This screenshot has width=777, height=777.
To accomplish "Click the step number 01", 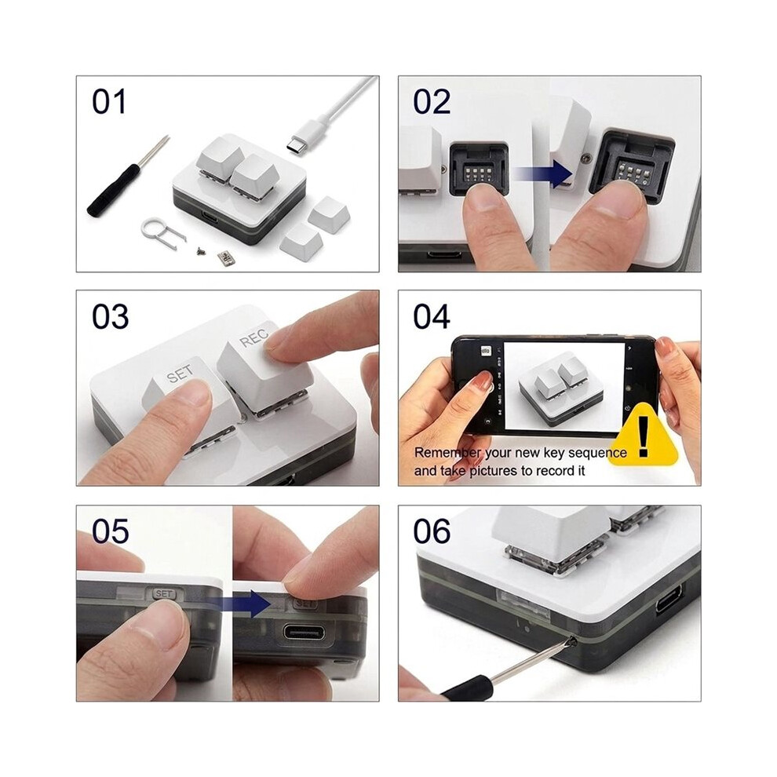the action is [x=108, y=101].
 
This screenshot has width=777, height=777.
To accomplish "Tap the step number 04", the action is [x=431, y=316].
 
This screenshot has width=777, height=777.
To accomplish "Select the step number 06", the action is [x=432, y=531].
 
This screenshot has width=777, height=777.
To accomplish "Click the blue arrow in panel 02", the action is [x=543, y=173].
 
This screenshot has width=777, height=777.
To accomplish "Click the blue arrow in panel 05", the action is [x=239, y=604].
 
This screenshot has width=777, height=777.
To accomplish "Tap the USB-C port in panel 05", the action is [x=304, y=633].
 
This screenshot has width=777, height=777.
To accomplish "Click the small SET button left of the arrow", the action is [x=164, y=593].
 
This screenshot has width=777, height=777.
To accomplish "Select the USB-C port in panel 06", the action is [x=669, y=600].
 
